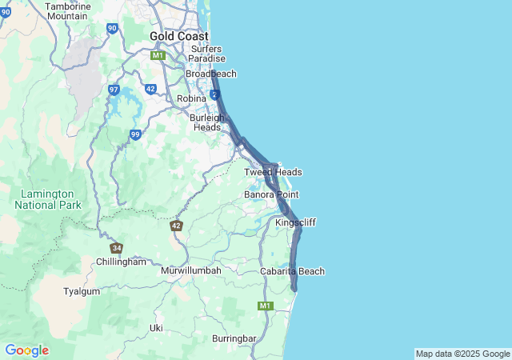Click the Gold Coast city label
[179, 36]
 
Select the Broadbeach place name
[211, 74]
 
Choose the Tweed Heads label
[273, 172]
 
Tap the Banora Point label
[271, 194]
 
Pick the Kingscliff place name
[295, 222]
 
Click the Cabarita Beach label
[293, 271]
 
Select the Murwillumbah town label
[190, 270]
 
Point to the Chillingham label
[121, 262]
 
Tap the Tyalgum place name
[82, 291]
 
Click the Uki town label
[156, 328]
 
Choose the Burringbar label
[234, 338]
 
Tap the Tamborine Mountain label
[67, 11]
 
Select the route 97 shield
[114, 90]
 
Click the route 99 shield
[136, 134]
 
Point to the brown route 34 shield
[117, 248]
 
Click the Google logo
[26, 350]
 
